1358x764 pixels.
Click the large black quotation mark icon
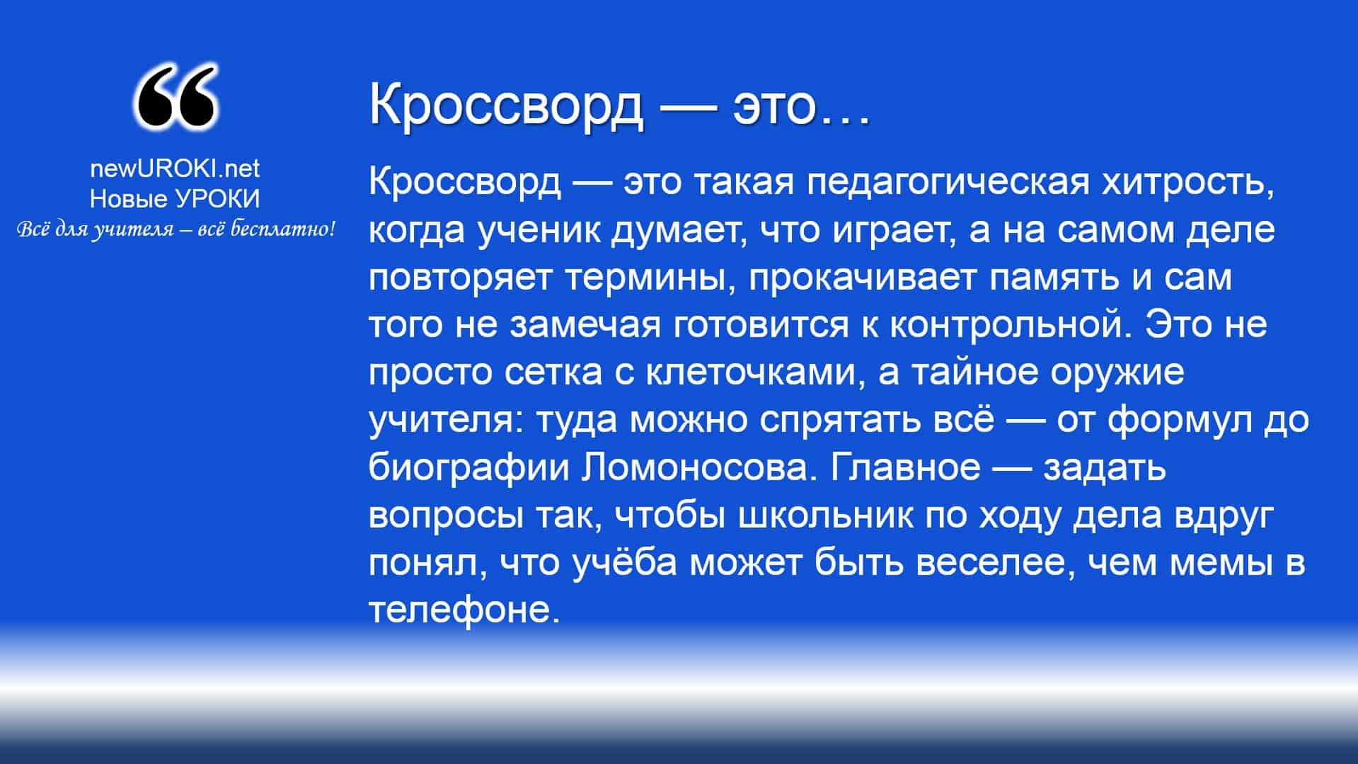click(175, 98)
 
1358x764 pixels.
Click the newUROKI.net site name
click(175, 169)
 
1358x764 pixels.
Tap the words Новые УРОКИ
click(175, 199)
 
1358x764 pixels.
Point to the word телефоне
click(464, 610)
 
